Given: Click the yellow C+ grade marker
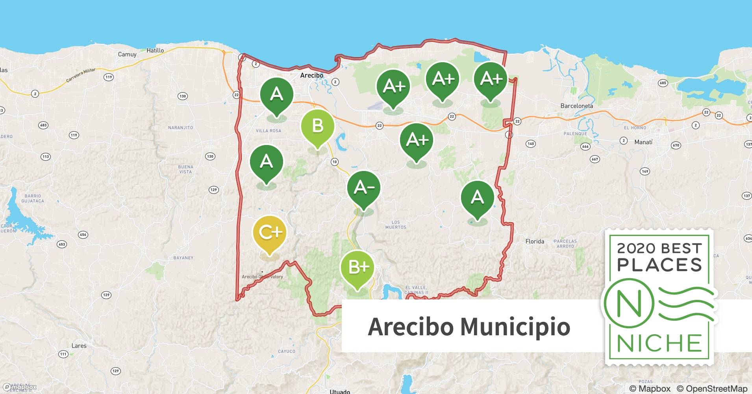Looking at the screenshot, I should pos(269,232).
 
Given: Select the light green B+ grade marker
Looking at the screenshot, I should pos(357,268).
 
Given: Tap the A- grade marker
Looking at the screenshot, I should pos(363,188).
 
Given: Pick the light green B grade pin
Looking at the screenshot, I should pos(317,126).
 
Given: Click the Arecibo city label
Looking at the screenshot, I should pos(311,75).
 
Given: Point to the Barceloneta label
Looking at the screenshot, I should pos(576,106).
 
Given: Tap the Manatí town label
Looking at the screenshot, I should pos(643,142).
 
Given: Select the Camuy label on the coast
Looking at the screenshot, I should pos(127,54).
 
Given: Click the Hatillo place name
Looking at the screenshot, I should pos(155,50).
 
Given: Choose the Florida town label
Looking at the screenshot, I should pos(535,241).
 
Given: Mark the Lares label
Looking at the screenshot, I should pos(79,346).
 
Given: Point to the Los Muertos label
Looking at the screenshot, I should pos(396,225).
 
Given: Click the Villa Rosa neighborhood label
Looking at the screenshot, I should pos(269,131).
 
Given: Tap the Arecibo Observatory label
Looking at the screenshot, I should pos(262,277).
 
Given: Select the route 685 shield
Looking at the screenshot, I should pos(663,83).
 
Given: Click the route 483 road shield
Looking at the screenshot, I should pos(43,125).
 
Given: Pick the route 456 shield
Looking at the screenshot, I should pos(83,235).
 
